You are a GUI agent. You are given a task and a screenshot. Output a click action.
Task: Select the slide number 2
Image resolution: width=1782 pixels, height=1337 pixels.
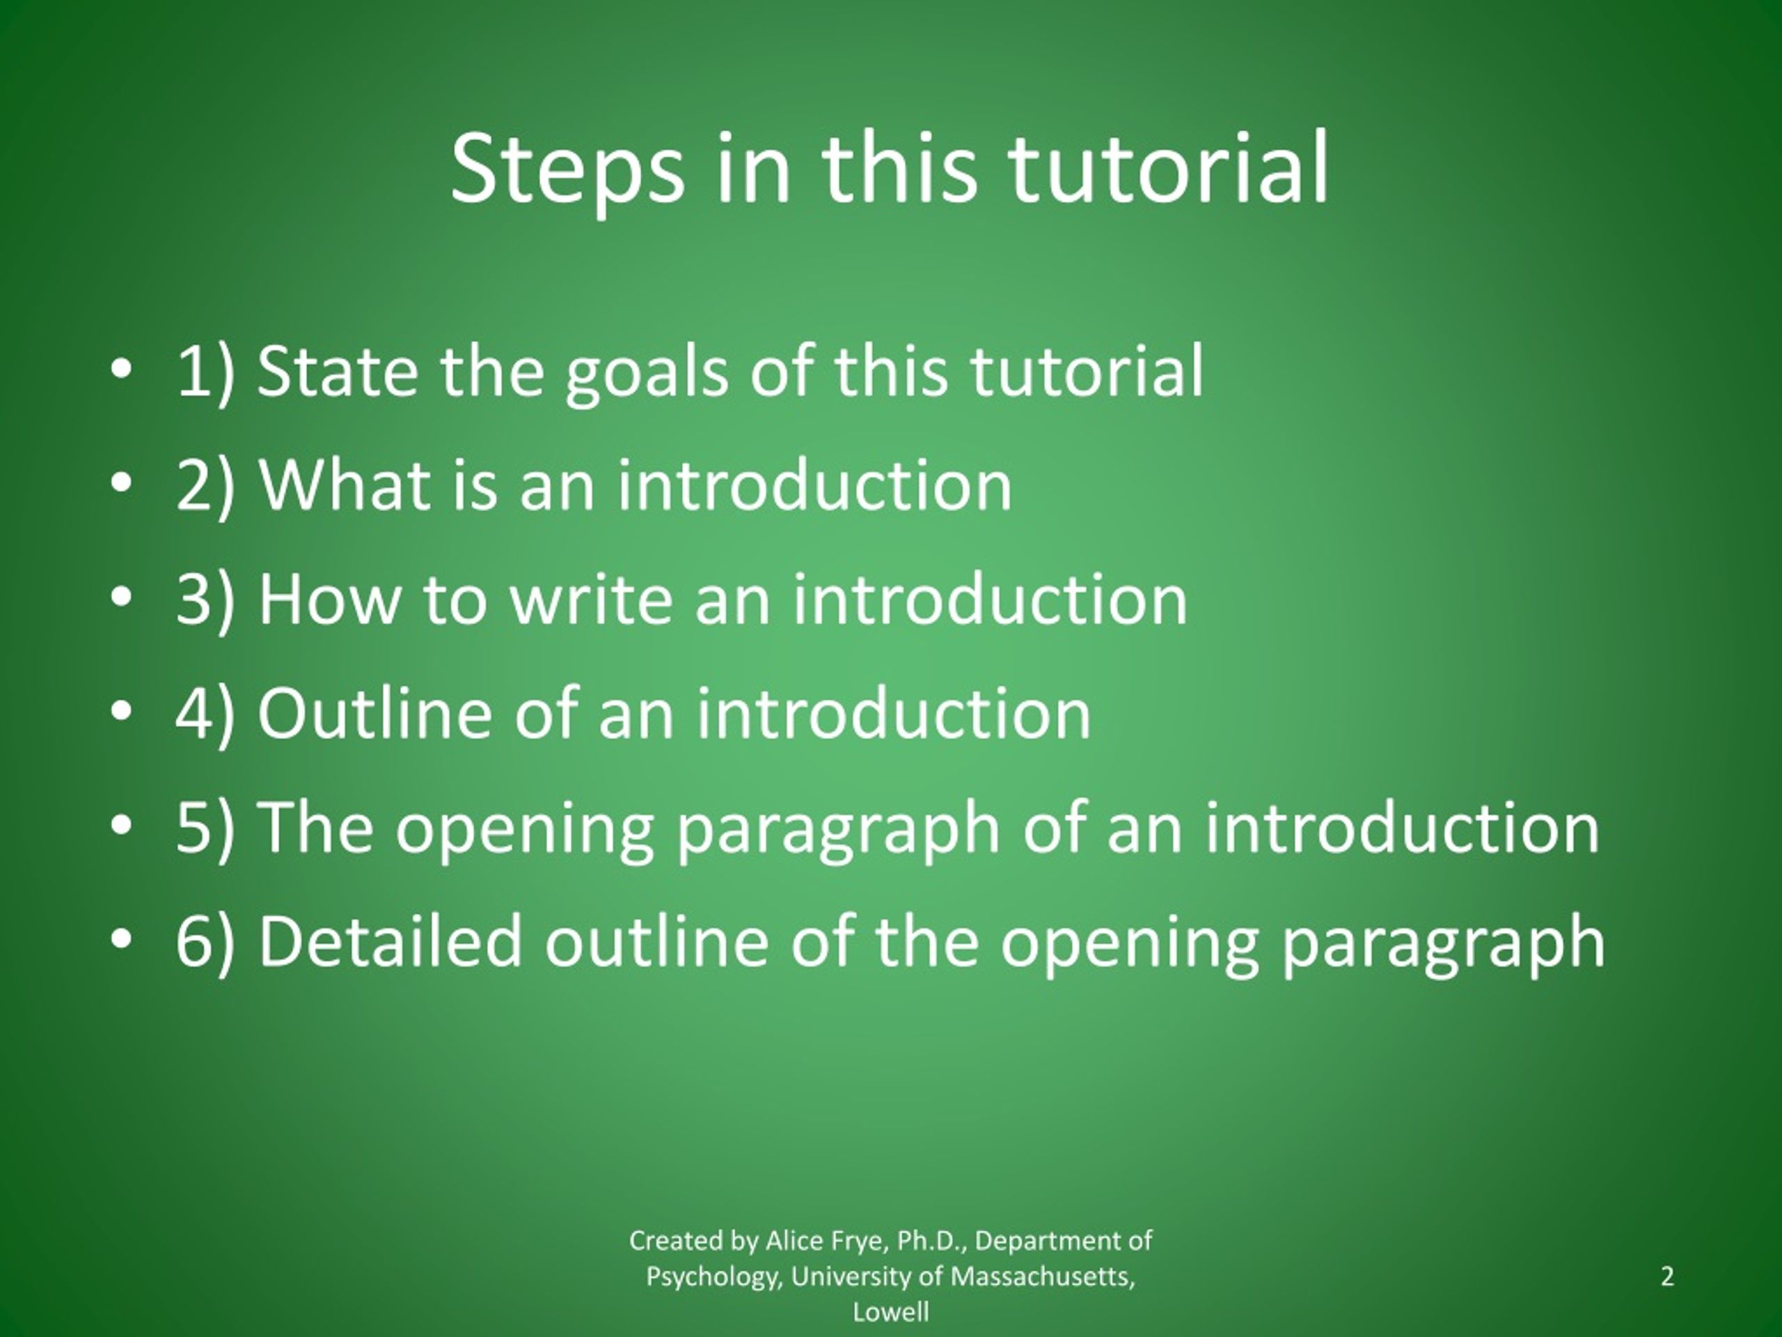point(1667,1276)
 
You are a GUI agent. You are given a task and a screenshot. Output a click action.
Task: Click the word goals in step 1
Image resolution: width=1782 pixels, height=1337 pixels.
point(647,373)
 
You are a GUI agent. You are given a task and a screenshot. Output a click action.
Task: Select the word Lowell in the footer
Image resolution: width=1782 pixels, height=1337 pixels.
point(891,1312)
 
